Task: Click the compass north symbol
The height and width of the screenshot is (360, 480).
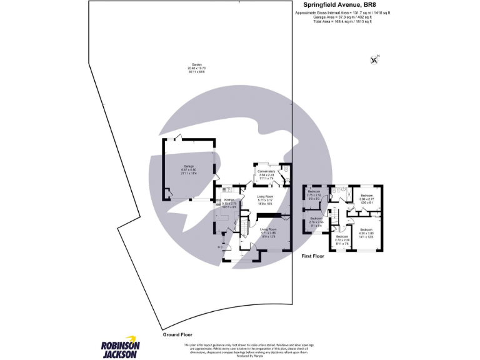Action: pos(374,60)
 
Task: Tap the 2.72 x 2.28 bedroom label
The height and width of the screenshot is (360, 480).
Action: pos(342,239)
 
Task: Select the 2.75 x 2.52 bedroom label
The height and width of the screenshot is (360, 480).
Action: pos(314,194)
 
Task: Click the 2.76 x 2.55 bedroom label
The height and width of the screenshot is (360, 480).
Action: pos(316,220)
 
